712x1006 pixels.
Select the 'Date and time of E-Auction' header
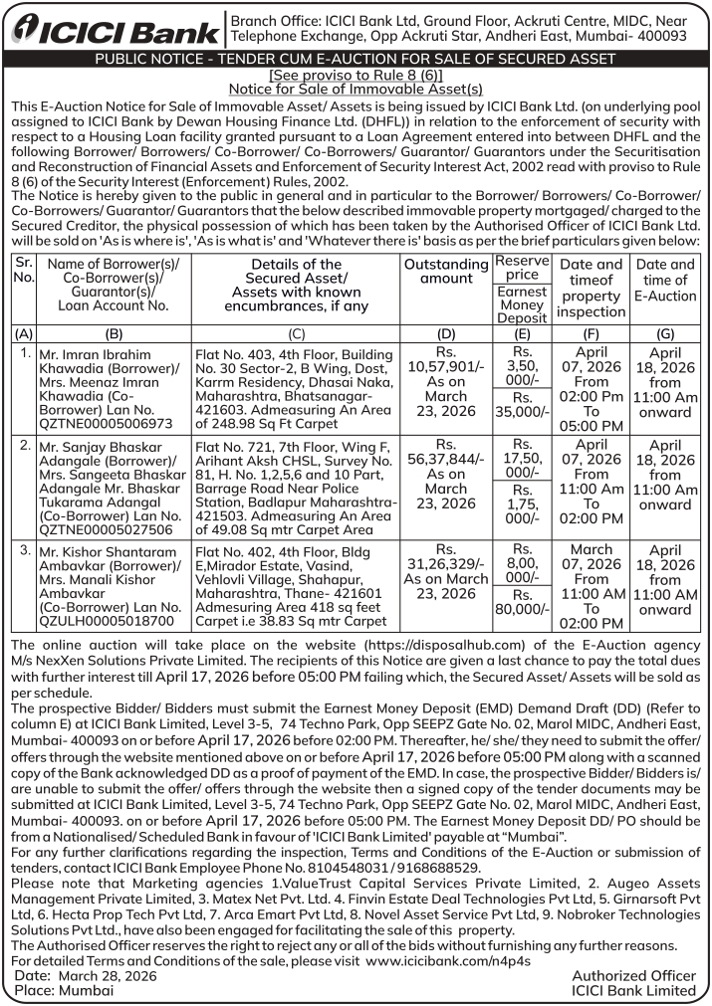(665, 281)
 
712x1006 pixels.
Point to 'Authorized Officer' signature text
(634, 976)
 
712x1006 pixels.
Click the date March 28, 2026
(110, 976)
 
